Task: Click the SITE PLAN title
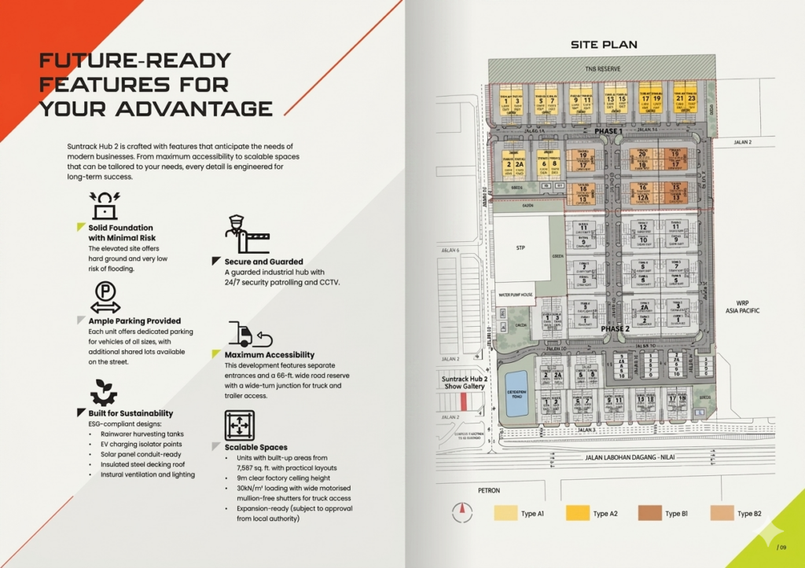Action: tap(604, 45)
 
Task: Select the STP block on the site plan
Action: tap(520, 248)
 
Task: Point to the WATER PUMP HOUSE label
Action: tap(515, 295)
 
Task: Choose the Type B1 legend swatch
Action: tap(650, 514)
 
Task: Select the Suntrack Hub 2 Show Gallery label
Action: tap(465, 383)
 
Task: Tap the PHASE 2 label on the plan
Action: tap(616, 328)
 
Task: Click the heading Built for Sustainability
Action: tap(130, 413)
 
